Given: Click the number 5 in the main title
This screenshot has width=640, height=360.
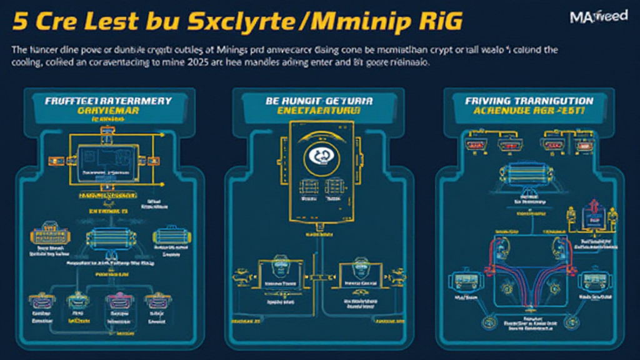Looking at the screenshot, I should coord(20,21).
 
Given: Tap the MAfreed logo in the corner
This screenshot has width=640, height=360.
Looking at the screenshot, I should coord(598,17).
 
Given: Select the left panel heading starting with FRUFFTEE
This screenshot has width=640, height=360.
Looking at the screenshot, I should coord(109,101).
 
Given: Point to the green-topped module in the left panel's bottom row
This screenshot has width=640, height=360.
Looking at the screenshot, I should coord(77,299).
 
